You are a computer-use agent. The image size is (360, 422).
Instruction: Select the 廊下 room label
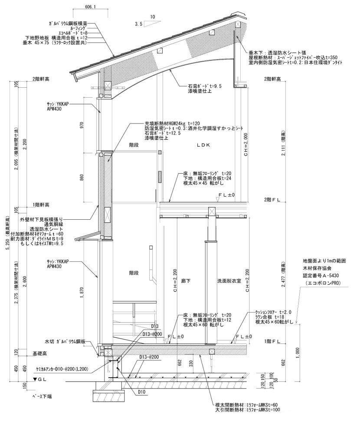186,281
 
